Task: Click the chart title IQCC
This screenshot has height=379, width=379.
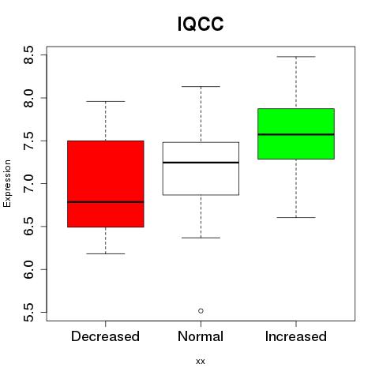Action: [201, 24]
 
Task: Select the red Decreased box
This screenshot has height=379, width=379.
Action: [106, 184]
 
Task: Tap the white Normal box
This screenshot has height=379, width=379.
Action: [201, 168]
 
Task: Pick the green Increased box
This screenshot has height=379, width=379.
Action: [296, 133]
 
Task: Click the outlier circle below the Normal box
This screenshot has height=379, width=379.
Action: [201, 311]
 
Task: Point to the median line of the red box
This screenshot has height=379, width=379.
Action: [106, 202]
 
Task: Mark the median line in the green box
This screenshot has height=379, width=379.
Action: [296, 134]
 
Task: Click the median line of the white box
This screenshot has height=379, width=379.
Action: [201, 163]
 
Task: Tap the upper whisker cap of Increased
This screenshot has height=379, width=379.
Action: [296, 57]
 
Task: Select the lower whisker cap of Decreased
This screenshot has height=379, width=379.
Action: [106, 253]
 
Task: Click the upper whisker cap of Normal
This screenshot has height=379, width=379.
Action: [201, 86]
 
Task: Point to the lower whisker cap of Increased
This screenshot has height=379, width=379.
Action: [296, 217]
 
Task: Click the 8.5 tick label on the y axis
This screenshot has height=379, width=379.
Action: [28, 54]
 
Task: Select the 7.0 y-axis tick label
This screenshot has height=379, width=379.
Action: [28, 183]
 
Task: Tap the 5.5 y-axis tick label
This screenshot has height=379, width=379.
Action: [28, 313]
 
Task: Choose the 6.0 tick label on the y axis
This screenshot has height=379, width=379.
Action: [28, 269]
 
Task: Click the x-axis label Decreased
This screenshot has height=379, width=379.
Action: [106, 336]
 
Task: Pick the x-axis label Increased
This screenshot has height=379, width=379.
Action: [296, 336]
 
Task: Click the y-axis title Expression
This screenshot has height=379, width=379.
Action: [7, 183]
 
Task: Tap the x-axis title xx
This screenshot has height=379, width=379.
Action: [201, 362]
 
